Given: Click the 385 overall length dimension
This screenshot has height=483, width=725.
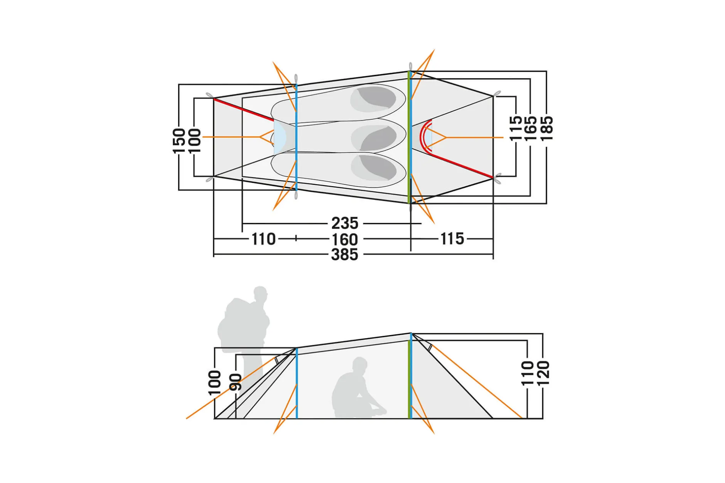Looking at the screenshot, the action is pos(345,255).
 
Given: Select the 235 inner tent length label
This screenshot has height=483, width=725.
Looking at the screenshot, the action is pos(345,223).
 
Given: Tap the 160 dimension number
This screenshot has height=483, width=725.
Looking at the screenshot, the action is pos(345,240).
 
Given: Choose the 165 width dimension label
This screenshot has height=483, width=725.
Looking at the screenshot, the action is pos(531,128).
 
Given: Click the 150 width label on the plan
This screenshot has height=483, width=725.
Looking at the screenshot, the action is pos(179,141).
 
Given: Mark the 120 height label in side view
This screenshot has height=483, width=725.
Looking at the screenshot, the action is pos(543,373).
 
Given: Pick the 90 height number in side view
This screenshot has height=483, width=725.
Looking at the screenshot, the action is pos(235,382).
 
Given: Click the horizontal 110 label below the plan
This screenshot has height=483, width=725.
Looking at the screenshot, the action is pos(264,239).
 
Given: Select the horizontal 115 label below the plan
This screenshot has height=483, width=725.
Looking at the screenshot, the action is pos(452,239).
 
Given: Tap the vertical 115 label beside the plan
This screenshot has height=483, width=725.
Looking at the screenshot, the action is pos(516,128).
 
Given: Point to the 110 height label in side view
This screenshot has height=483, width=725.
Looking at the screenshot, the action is pos(527,373).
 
